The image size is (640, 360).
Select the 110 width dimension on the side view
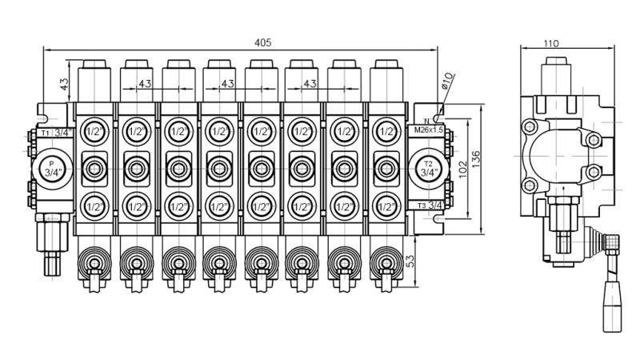coord(550,44)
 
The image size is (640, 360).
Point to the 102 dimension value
coord(462,169)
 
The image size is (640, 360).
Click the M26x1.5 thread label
coord(428,130)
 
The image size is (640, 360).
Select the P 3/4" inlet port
coord(53,167)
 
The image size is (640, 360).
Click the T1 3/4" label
coord(55,132)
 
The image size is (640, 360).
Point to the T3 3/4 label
coord(430,206)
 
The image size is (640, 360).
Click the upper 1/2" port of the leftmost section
coord(94,131)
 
